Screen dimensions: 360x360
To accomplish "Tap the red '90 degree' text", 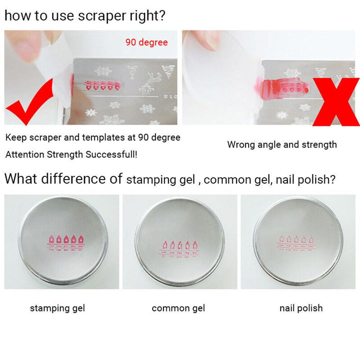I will [x=146, y=42].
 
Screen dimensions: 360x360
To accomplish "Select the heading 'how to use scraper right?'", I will [x=84, y=15].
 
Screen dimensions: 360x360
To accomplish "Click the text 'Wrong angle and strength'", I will [x=282, y=144].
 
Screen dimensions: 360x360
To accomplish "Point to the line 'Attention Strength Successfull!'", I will [x=71, y=154].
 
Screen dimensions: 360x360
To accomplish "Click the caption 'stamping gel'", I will [x=57, y=308].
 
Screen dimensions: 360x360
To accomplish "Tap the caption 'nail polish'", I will [x=301, y=308].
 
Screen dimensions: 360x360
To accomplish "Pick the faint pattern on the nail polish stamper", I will [x=298, y=244].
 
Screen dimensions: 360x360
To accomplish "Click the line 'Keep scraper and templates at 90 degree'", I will [x=93, y=137].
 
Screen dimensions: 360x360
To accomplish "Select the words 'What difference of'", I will [x=63, y=179].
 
